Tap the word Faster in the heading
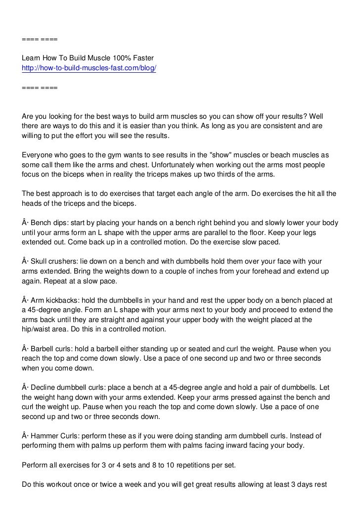(144, 58)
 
